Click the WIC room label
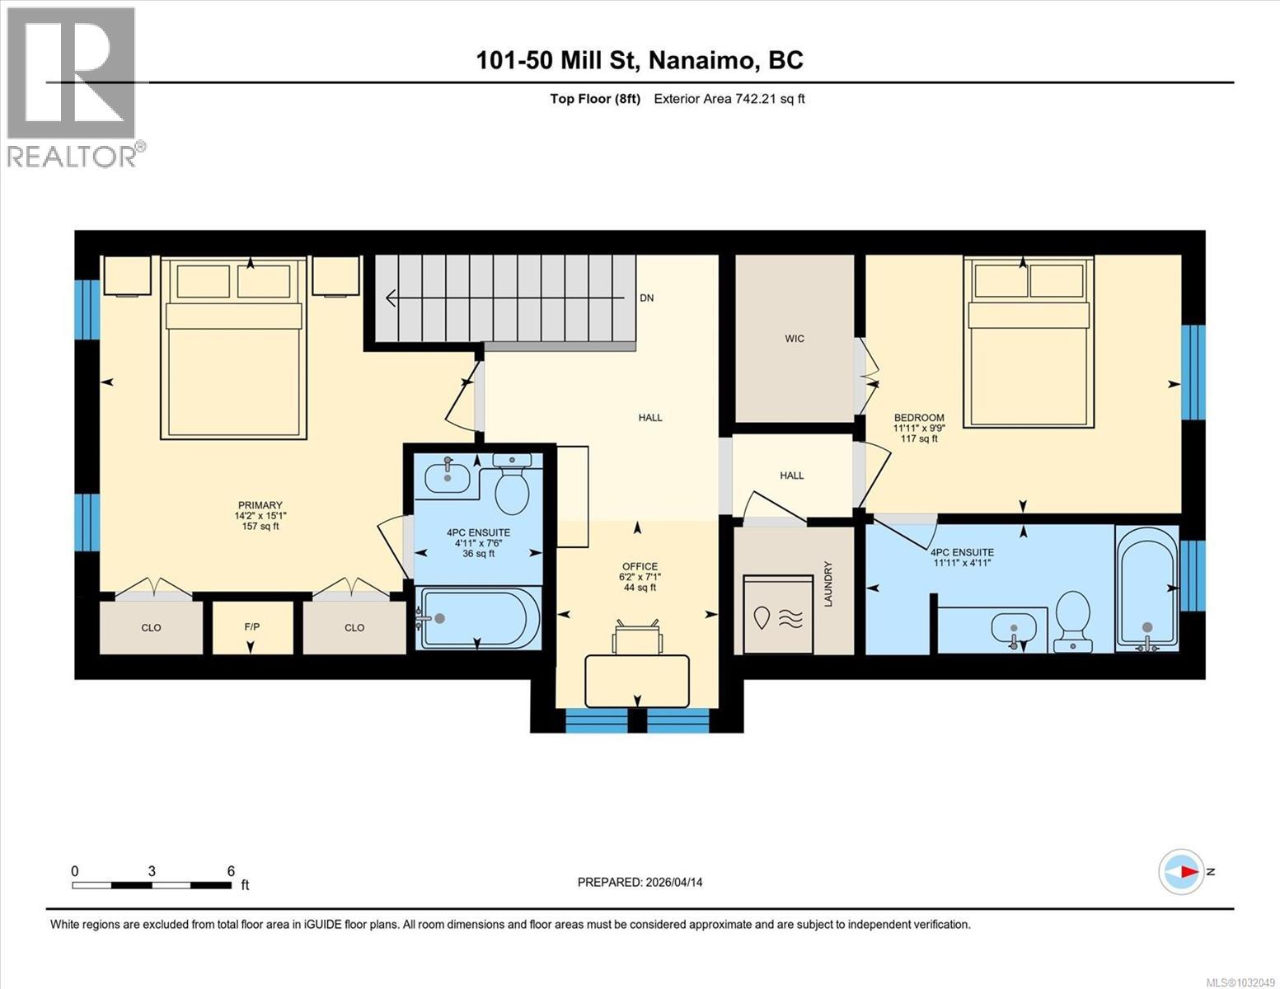point(795,339)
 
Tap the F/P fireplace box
point(252,627)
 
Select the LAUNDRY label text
point(829,584)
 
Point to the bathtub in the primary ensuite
point(479,618)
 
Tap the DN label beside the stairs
point(647,298)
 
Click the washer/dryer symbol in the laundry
point(777,615)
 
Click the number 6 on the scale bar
point(232,871)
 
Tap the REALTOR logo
point(72,87)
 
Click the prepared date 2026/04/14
point(673,882)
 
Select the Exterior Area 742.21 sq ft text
point(729,99)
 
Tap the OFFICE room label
point(640,566)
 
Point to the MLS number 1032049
point(1240,982)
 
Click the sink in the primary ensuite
point(446,476)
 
